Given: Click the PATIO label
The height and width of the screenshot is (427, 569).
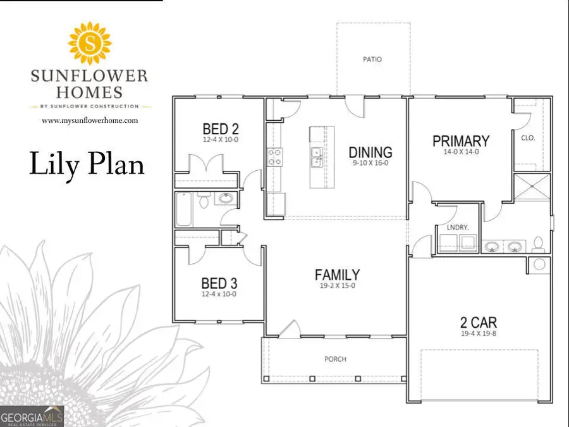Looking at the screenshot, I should click(372, 59).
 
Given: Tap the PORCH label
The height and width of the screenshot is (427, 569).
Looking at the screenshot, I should click(336, 359).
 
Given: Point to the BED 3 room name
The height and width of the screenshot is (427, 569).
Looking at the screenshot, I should click(219, 283).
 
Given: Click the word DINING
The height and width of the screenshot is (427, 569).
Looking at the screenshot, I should click(370, 152).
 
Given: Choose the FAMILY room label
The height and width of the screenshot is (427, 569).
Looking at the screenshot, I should click(338, 275).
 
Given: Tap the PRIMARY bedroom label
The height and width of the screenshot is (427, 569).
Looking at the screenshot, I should click(461, 140).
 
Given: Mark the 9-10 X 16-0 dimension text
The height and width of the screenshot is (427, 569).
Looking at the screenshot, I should click(370, 163).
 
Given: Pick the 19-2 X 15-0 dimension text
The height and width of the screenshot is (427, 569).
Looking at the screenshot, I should click(338, 285).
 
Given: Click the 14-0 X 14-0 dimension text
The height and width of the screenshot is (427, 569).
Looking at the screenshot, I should click(461, 151).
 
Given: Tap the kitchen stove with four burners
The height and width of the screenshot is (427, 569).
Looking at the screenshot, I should click(274, 156).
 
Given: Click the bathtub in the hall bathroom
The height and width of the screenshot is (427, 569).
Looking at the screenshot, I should click(183, 209).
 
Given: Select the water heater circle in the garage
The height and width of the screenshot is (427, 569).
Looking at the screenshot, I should click(539, 264).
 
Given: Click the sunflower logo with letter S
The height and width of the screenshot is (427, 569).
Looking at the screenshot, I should click(89, 42).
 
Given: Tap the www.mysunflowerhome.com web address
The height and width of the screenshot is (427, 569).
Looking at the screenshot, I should click(89, 120).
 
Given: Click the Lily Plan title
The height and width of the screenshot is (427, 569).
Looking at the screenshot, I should click(87, 164).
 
